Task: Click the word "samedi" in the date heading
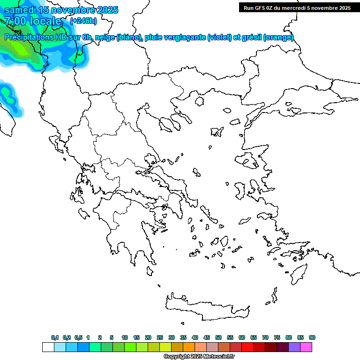pos(18,10)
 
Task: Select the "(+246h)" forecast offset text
pos(83,21)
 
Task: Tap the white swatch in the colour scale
pos(48,347)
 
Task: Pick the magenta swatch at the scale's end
pos(306,347)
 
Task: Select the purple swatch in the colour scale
pos(294,347)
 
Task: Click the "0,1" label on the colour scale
pos(55,337)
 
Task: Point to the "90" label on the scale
pos(312,337)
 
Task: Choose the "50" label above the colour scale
pos(218,337)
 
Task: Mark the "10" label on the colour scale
pos(125,337)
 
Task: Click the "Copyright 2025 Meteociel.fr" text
pos(199,357)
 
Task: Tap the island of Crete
pos(206,307)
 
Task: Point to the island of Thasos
pos(200,101)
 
